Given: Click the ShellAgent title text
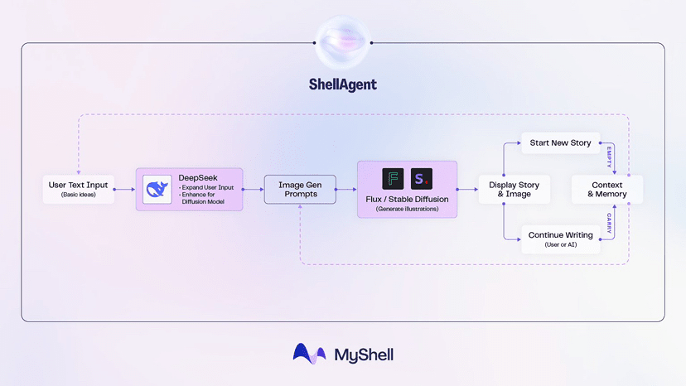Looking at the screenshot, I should click(342, 84).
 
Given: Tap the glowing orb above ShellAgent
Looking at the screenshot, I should click(342, 41).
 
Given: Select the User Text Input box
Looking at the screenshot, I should click(77, 189).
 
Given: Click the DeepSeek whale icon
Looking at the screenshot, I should click(157, 190).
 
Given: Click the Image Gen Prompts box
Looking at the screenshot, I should click(299, 189).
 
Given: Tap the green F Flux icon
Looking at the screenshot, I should click(393, 179).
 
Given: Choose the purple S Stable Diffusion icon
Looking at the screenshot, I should click(422, 179).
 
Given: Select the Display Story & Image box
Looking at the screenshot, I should click(514, 189).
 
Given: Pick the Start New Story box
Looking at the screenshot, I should click(560, 142).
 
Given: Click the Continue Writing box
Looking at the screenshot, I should click(560, 239).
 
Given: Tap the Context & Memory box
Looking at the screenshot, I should click(607, 189).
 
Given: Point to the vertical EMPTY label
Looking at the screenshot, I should click(609, 157).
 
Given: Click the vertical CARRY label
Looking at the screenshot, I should click(609, 224).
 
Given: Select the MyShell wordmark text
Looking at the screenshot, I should click(364, 355).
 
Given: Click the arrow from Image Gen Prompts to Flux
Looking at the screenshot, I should click(345, 190).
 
